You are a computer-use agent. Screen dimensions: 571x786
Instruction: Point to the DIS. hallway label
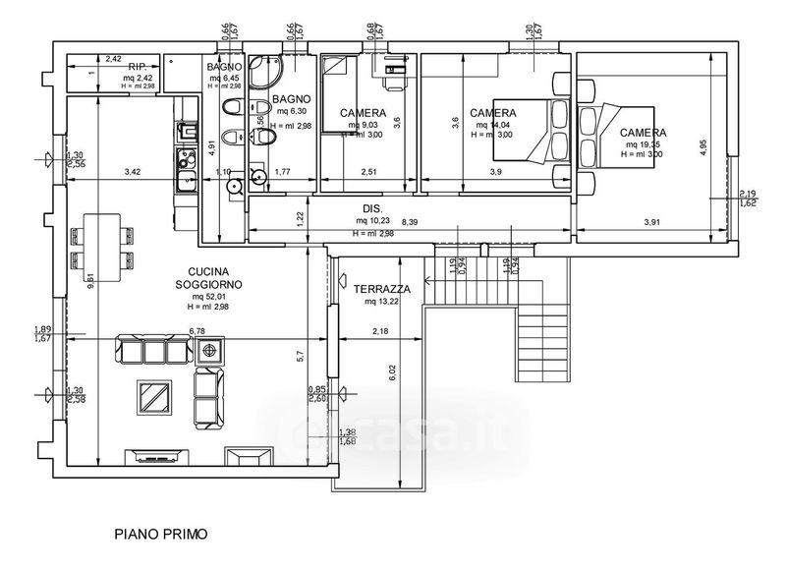pyautogui.click(x=371, y=208)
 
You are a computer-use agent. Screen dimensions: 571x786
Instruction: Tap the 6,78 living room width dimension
pyautogui.click(x=196, y=332)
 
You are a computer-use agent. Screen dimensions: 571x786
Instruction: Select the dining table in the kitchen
pyautogui.click(x=102, y=245)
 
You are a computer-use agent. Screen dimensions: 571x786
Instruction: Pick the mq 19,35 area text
pyautogui.click(x=642, y=144)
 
